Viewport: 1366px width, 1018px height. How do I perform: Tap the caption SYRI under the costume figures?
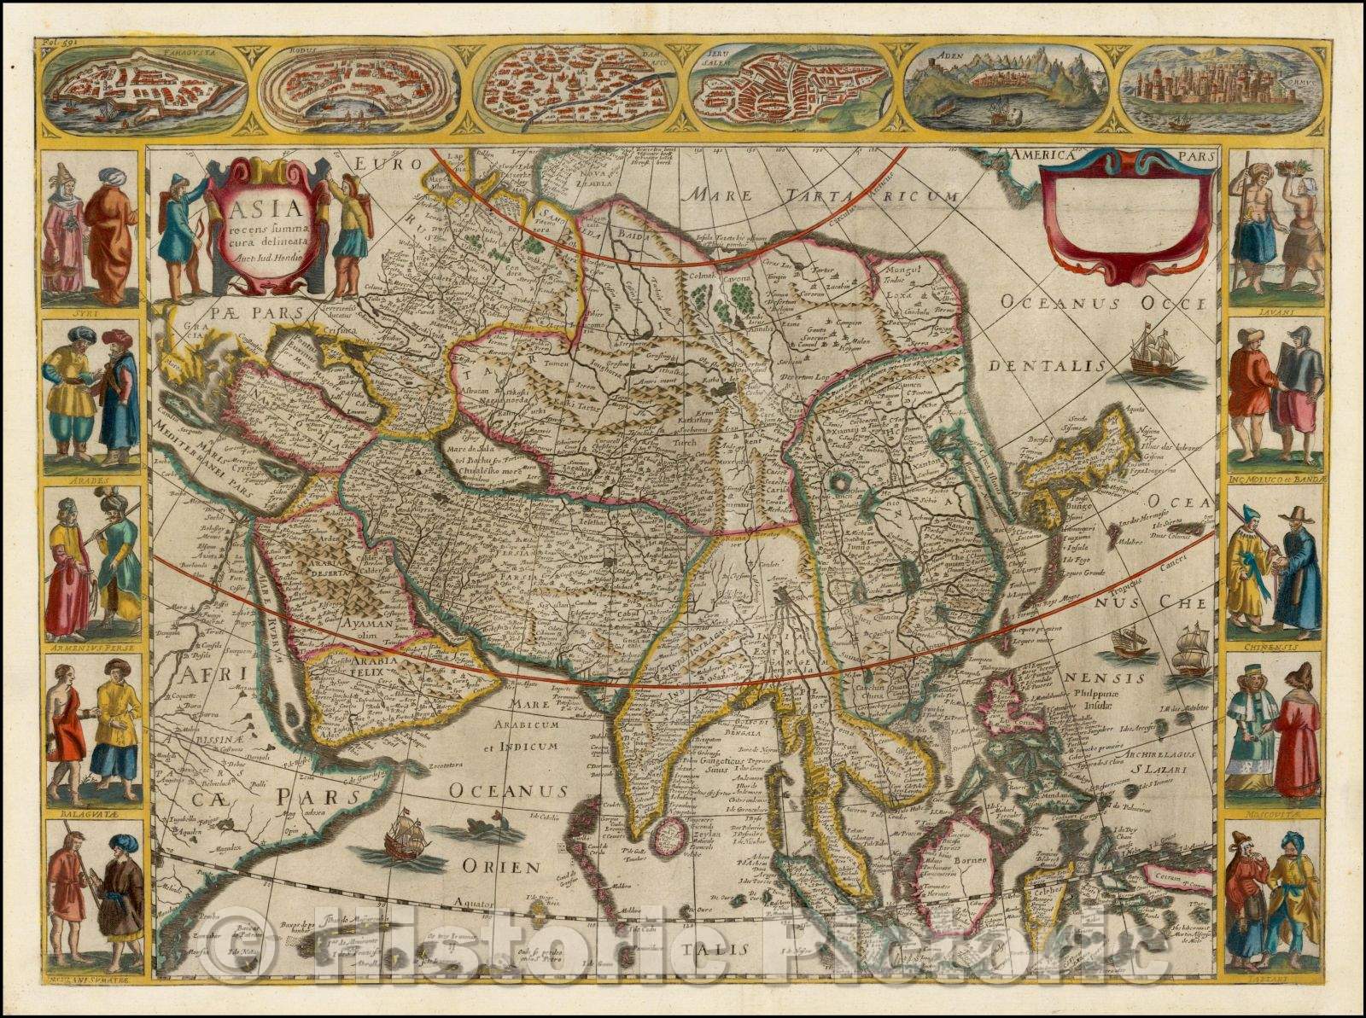pos(90,311)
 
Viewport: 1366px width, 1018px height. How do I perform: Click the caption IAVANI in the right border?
pos(1275,312)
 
